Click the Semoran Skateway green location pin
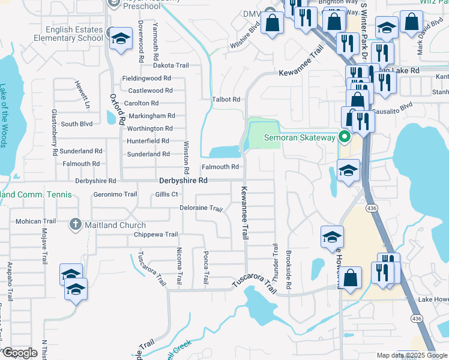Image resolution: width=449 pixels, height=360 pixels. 345,138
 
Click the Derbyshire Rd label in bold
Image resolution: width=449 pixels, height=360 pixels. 183,180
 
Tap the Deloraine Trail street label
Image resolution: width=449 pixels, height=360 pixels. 201,209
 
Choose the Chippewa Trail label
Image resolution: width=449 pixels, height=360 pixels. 156,235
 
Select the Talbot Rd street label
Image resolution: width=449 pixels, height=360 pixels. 226,100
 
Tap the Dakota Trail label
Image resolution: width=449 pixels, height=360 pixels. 171,65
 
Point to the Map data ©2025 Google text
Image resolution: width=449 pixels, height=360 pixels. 411,355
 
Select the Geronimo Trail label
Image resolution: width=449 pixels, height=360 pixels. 115,194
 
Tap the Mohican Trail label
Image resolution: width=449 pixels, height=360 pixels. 35,221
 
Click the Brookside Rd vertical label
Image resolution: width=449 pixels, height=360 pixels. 289,270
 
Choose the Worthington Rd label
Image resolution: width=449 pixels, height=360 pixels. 149,128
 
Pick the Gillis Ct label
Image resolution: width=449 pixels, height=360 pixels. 166,194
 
